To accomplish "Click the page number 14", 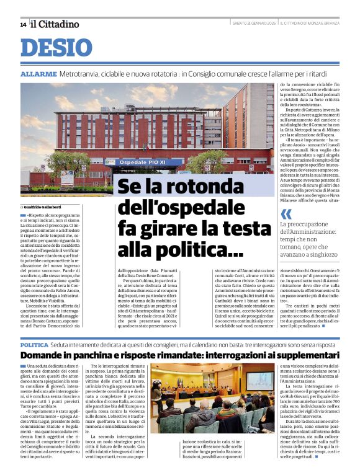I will click(23, 24).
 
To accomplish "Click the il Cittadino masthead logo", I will click(55, 24).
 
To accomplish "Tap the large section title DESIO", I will click(56, 48).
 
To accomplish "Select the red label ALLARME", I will click(38, 73).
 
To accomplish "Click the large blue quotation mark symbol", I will click(286, 214).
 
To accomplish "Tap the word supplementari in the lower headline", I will click(305, 355).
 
